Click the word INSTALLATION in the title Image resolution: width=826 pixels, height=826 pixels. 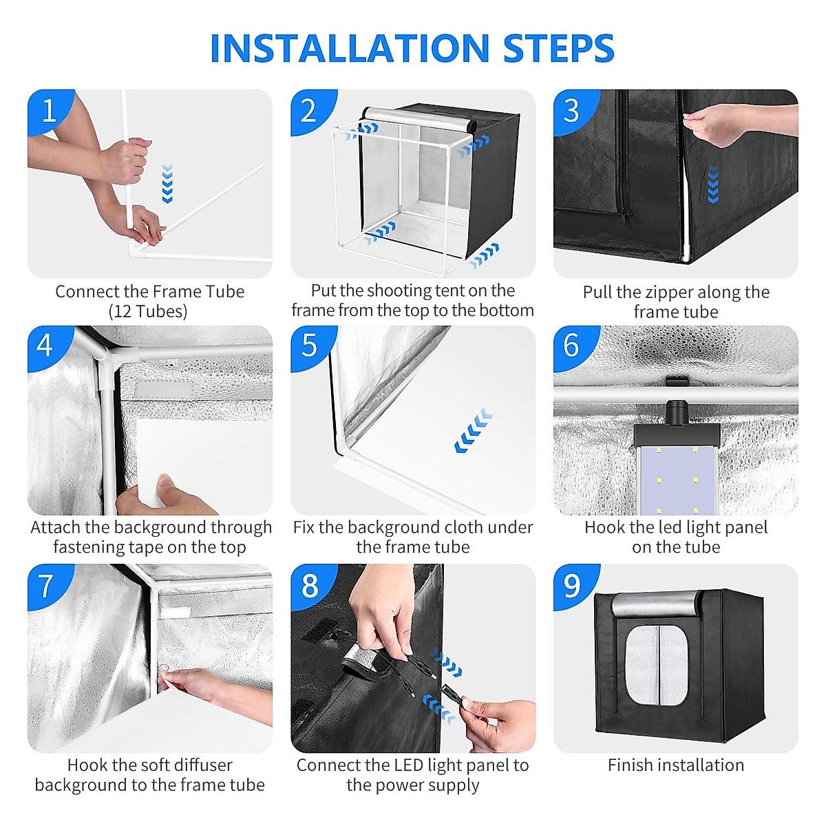click(350, 48)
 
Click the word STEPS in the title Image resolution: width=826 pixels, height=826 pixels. click(559, 48)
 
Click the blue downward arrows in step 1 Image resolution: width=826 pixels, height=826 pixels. click(167, 184)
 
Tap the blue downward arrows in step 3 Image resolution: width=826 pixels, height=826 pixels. click(712, 184)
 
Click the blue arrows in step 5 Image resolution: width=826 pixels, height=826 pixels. click(474, 430)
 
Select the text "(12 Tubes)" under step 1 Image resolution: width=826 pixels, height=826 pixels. click(148, 312)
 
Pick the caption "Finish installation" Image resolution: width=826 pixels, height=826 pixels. click(675, 765)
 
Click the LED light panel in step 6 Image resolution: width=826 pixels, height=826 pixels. click(676, 479)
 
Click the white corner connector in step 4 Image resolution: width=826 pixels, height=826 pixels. click(107, 358)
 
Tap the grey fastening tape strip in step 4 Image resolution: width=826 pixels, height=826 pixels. click(165, 389)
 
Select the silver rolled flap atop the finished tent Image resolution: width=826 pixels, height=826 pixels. click(657, 603)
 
